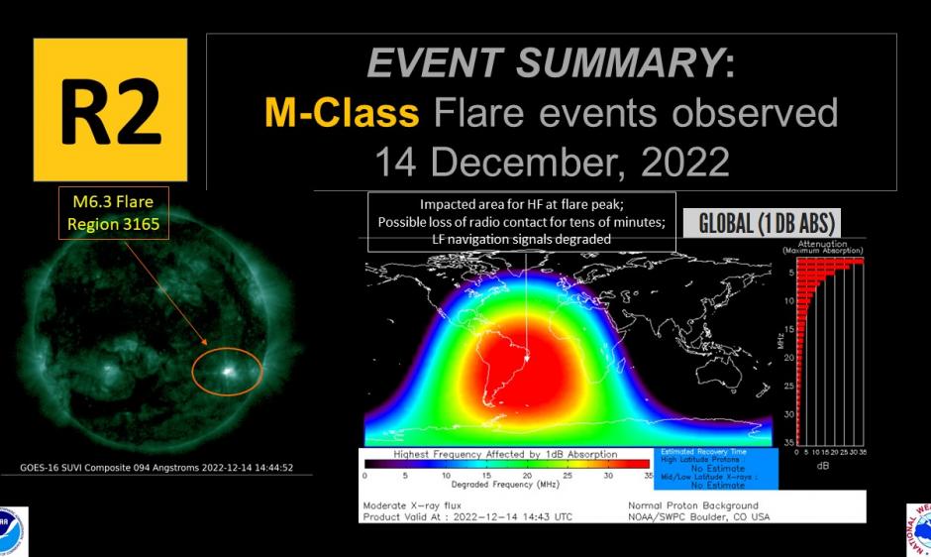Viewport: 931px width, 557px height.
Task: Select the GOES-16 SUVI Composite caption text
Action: [156, 468]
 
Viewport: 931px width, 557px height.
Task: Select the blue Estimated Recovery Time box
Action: [716, 468]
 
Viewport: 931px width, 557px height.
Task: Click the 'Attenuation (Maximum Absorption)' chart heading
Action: [821, 245]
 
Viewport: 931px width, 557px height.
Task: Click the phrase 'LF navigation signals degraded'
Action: [521, 240]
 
